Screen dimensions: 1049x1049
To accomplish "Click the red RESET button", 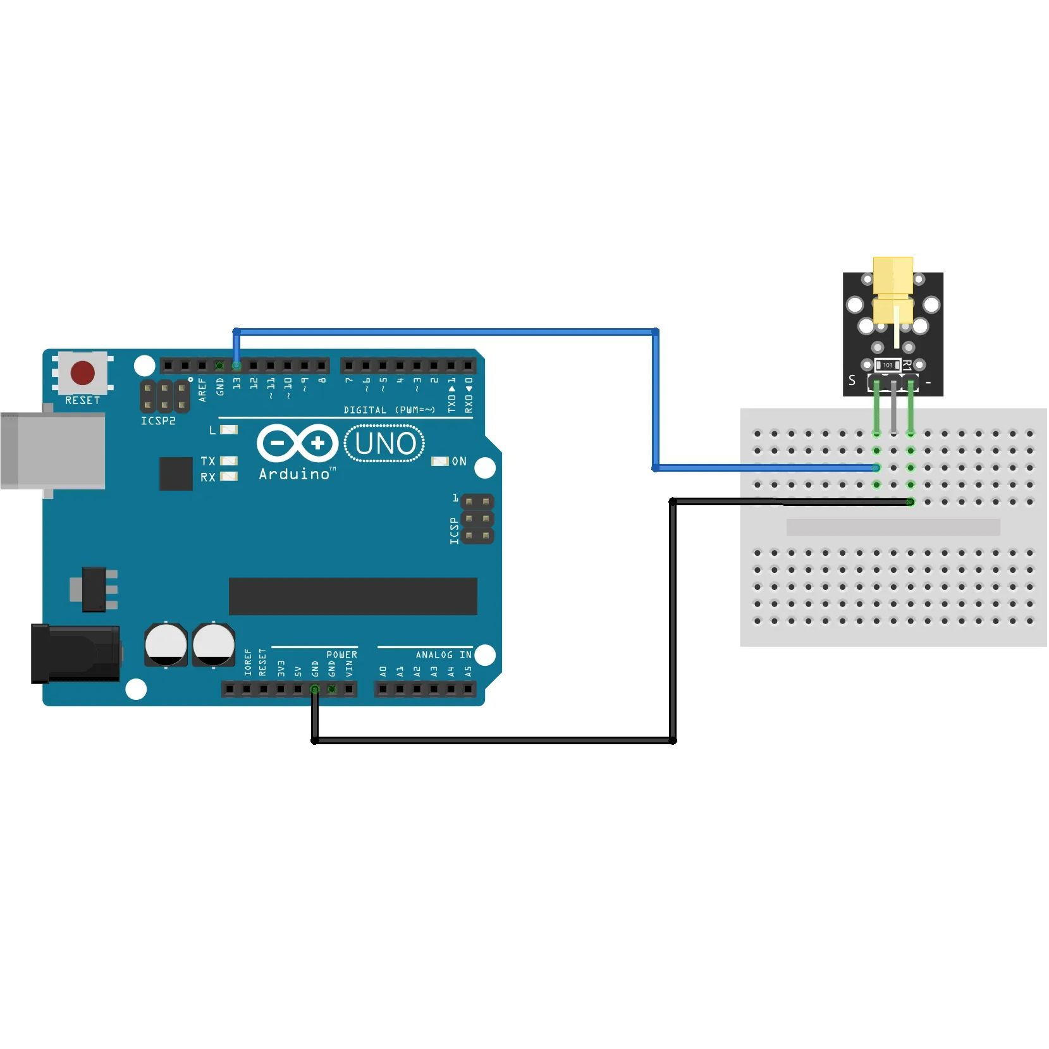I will (83, 373).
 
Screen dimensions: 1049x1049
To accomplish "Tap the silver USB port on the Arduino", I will (53, 450).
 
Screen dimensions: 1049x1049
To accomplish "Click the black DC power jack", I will (76, 653).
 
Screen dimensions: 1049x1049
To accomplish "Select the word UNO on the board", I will (384, 443).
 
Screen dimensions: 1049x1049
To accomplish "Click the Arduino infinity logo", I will (297, 443).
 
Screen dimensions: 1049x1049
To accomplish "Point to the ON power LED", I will (439, 461).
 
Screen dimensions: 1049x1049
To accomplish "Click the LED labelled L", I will (229, 430).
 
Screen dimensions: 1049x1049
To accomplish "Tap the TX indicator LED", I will (229, 461).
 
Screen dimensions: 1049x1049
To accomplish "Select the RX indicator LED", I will (229, 477).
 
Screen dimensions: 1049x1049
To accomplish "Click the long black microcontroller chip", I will (353, 596).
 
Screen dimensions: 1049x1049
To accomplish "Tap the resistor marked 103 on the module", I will (888, 365).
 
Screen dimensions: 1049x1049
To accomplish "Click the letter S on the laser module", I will (852, 381).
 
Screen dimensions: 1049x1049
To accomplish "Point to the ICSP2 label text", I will (158, 421).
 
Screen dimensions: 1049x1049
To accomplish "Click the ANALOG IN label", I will (443, 655).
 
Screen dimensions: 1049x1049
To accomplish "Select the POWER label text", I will (341, 655).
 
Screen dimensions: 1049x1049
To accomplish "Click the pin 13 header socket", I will (236, 365).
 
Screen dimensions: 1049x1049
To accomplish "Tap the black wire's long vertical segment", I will (673, 620).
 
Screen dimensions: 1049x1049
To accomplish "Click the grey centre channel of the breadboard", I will (893, 527).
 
